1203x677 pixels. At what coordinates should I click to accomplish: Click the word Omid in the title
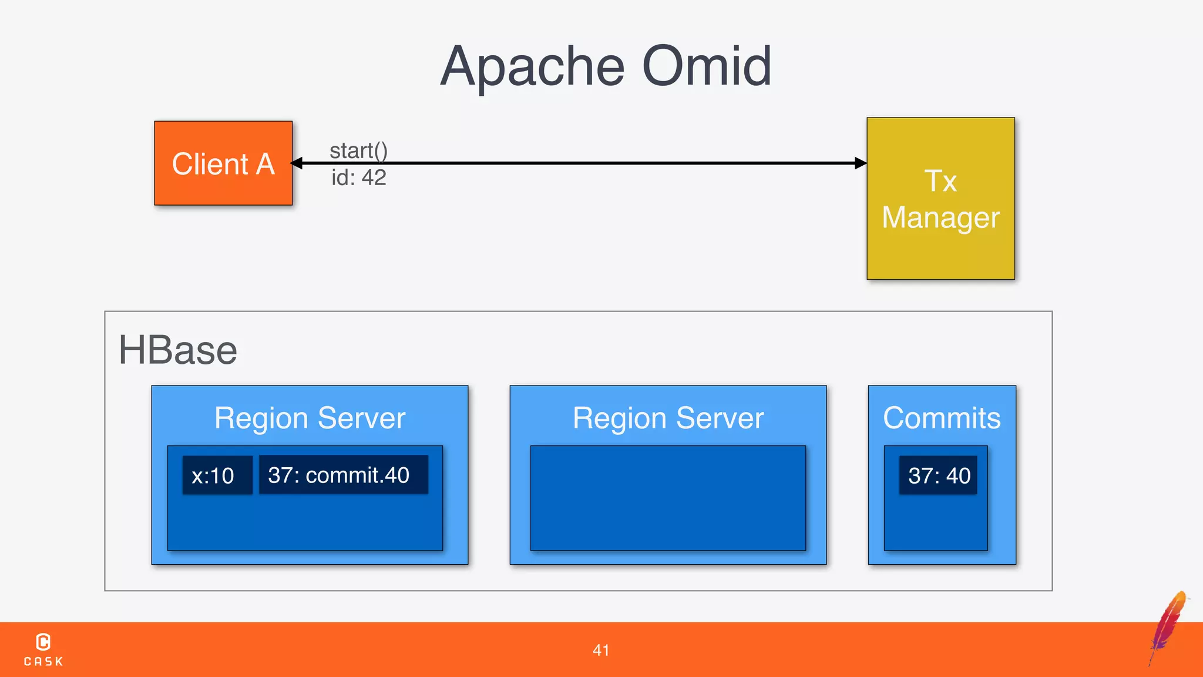[x=707, y=66]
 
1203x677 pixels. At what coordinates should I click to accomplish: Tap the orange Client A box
[x=223, y=163]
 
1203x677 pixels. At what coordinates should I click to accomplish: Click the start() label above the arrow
[x=358, y=150]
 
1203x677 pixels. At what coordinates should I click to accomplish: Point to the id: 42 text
[x=358, y=177]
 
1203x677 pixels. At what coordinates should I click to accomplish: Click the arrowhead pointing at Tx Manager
[x=861, y=163]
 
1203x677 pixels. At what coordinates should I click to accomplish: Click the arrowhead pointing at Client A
[x=297, y=163]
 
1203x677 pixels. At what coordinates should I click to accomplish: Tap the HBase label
[x=178, y=350]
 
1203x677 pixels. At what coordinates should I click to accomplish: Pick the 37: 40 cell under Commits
[x=938, y=475]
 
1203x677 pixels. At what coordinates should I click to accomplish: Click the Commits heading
[x=942, y=418]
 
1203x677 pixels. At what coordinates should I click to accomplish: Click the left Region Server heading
[x=310, y=418]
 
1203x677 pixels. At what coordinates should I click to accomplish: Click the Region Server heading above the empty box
[x=668, y=418]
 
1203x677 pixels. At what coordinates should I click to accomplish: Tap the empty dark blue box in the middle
[x=668, y=498]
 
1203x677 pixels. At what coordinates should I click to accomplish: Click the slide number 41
[x=601, y=650]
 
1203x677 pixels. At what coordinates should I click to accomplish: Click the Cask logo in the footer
[x=43, y=649]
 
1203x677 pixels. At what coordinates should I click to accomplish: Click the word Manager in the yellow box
[x=940, y=217]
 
